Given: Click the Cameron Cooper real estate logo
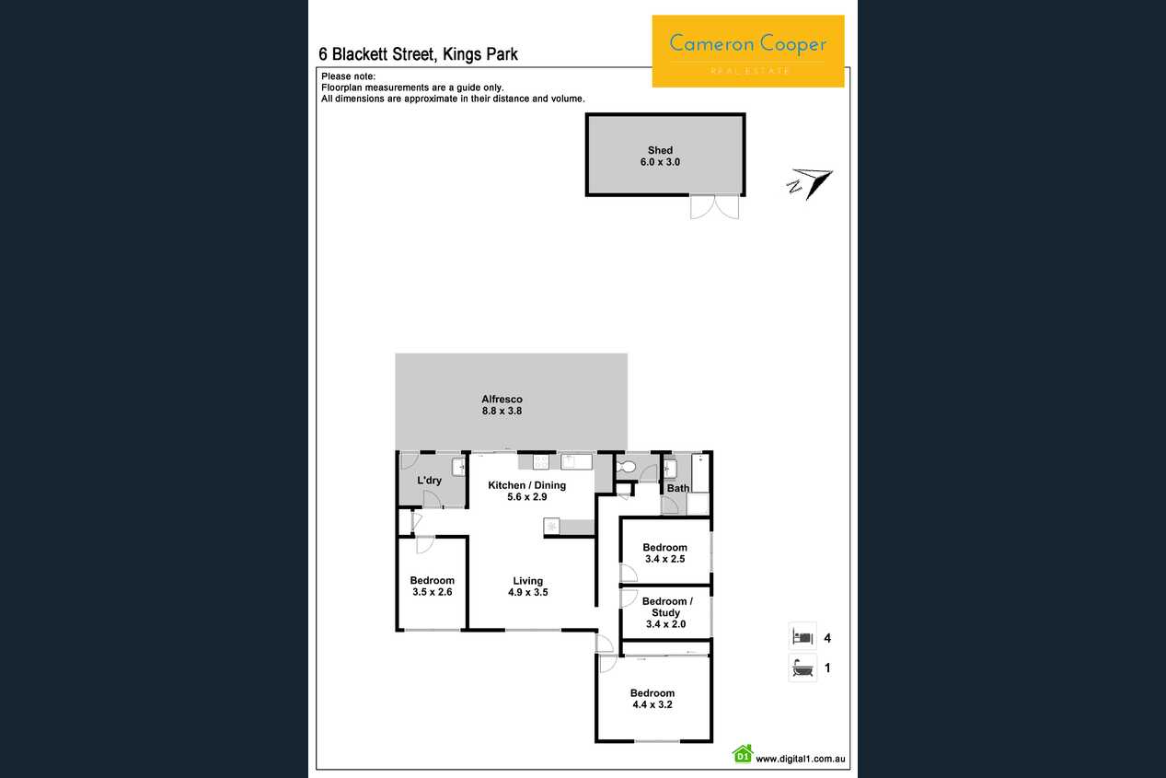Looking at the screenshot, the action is tap(748, 51).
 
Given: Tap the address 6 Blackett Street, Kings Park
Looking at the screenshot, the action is tap(418, 54).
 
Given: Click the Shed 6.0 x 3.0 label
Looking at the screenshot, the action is tap(660, 156).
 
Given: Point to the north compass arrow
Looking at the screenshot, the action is tap(810, 183).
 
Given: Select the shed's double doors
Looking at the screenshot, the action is tap(714, 207).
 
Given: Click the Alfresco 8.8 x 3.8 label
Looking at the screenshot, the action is tap(502, 404).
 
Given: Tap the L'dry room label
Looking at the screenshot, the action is tap(430, 480).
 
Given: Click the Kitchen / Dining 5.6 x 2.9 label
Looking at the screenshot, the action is tap(526, 491).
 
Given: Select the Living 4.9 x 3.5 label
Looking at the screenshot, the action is tap(528, 586).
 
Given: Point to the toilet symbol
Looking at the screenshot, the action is tap(626, 466).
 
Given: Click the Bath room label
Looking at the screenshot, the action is tap(678, 488).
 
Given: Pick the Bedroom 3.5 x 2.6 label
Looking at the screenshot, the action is tap(432, 586).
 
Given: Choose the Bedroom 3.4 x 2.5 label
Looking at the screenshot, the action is tap(664, 553).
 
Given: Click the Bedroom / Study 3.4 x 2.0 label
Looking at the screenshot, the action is tap(667, 612).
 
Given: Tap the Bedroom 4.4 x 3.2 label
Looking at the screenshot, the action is tap(652, 698).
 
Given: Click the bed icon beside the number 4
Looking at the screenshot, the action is tap(802, 637).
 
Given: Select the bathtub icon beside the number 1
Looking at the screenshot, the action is tap(802, 668).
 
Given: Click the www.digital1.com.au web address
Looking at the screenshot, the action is tap(800, 760).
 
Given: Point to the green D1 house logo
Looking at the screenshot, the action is tap(743, 754).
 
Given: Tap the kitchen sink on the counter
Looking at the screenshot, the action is tap(576, 461).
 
